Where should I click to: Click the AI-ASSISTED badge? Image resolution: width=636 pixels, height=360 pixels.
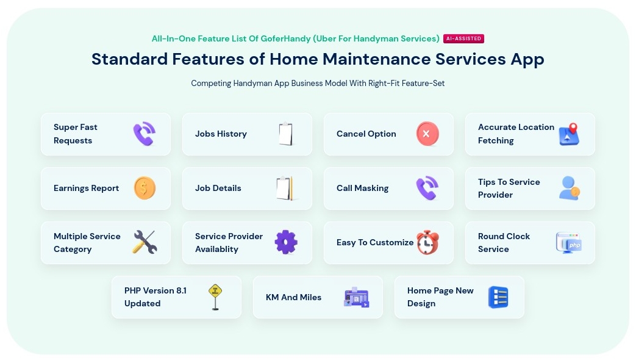463,38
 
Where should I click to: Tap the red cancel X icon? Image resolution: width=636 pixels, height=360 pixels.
427,134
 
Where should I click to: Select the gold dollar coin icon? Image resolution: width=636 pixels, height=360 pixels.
145,188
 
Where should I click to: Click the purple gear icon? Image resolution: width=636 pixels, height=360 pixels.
286,242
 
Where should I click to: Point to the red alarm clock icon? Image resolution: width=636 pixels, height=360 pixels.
428,242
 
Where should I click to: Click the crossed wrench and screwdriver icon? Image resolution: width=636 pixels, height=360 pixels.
145,242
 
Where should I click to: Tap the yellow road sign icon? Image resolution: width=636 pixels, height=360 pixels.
215,297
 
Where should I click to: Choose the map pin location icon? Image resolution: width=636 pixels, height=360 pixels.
570,134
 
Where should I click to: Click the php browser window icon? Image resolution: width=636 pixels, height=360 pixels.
569,243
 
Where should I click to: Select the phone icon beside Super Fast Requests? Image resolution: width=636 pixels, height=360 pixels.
145,134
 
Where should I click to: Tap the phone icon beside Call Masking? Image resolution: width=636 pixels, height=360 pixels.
427,188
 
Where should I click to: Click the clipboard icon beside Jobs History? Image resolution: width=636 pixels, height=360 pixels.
286,134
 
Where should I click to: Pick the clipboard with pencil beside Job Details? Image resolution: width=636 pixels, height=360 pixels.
285,189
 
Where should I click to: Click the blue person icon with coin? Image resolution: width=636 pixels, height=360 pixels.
570,188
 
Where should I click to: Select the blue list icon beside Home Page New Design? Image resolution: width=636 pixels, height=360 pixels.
499,297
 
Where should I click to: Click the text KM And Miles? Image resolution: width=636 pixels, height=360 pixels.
294,297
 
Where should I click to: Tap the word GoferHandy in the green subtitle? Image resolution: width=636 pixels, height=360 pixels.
285,38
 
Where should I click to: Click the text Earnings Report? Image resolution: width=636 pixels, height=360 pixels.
87,189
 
